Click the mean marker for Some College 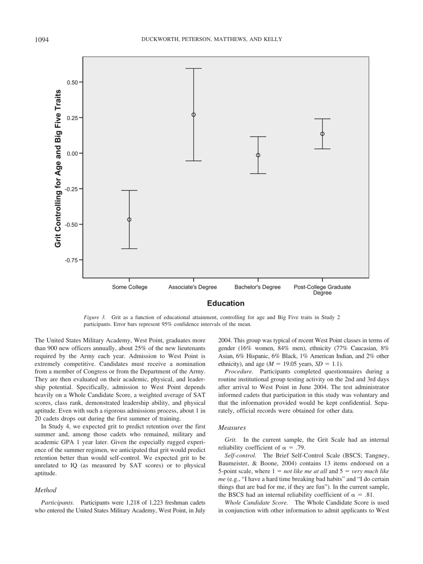[x=129, y=220]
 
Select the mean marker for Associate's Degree [x=193, y=114]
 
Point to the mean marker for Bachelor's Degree [x=258, y=155]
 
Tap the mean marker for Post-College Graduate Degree [x=322, y=134]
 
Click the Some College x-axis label [x=129, y=287]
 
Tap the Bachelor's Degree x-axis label [x=258, y=287]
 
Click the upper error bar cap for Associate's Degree [x=193, y=69]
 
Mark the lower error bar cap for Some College [x=129, y=249]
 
